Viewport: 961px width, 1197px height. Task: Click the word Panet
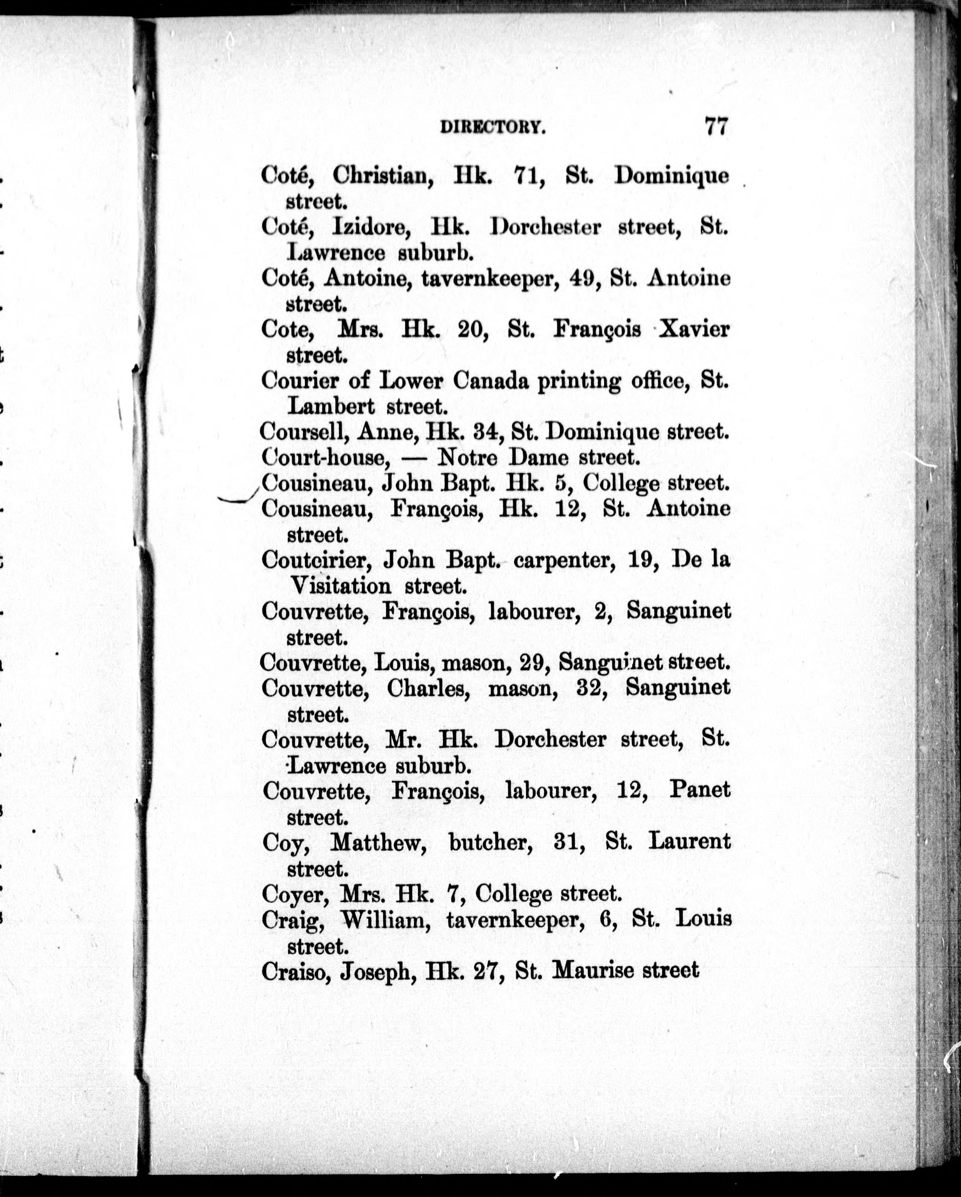click(700, 790)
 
